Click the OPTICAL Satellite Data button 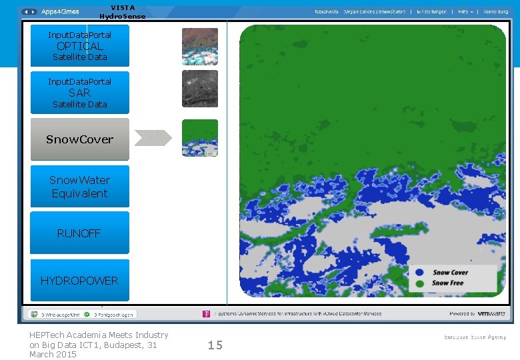pos(80,46)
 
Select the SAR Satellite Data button pos(80,93)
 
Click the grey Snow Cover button pos(80,139)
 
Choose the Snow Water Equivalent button pos(80,187)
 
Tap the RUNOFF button pos(80,233)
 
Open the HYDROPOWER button pos(80,281)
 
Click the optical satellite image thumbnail pos(200,46)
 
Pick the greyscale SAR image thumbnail pos(200,89)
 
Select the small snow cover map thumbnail pos(200,138)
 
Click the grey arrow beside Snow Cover pos(153,138)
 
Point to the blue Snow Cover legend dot pos(419,273)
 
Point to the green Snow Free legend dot pos(419,283)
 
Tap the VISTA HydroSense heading pos(122,12)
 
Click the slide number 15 pos(215,345)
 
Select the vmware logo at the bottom pos(492,313)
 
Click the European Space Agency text pos(475,337)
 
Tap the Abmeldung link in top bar pos(495,12)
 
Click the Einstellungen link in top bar pos(431,12)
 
